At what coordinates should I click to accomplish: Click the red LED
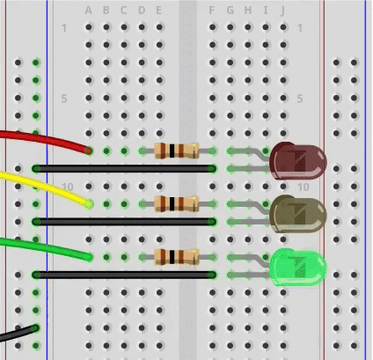click(297, 161)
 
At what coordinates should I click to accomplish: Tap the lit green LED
click(297, 268)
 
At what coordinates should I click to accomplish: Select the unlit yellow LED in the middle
click(297, 214)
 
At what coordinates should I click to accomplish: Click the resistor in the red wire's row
click(177, 151)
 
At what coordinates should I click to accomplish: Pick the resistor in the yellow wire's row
click(177, 204)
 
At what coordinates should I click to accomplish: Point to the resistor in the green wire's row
click(177, 257)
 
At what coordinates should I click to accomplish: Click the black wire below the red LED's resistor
click(124, 169)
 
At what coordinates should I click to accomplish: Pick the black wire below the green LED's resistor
click(124, 275)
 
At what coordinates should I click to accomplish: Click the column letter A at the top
click(88, 11)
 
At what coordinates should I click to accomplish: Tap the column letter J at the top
click(282, 11)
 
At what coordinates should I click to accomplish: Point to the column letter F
click(211, 11)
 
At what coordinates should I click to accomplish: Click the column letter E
click(158, 11)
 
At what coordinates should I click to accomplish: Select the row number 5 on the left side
click(64, 99)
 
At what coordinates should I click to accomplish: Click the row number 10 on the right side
click(304, 187)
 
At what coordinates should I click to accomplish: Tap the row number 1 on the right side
click(300, 28)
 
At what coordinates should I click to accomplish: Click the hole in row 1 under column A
click(89, 27)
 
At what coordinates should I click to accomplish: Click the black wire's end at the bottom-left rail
click(36, 327)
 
